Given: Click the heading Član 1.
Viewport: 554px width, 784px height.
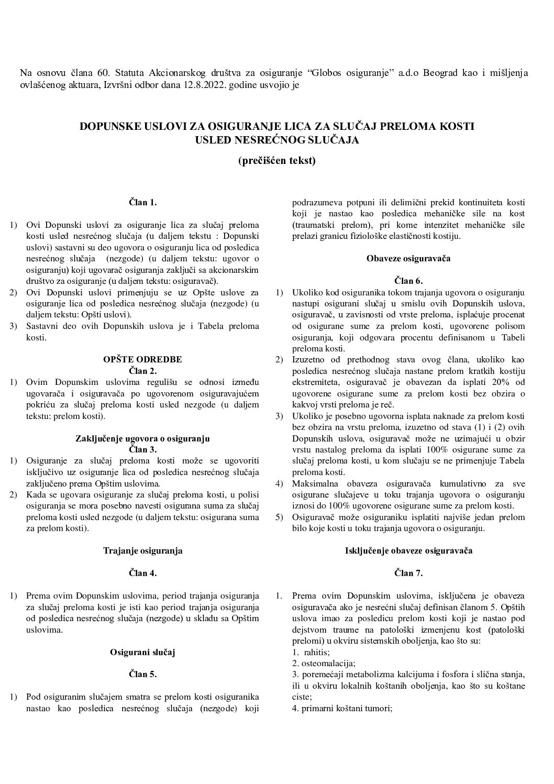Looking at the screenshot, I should click(x=143, y=202).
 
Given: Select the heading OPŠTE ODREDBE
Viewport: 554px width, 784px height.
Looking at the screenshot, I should click(x=143, y=359).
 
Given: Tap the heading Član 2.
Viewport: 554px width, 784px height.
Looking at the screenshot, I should click(x=143, y=370).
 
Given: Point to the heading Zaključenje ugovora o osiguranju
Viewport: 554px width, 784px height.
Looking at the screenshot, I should click(x=143, y=438).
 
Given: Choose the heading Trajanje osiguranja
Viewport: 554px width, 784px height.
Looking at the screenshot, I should click(x=143, y=550).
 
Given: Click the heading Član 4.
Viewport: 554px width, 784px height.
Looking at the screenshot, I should click(x=143, y=573).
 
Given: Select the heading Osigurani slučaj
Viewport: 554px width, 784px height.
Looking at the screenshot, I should click(x=143, y=652).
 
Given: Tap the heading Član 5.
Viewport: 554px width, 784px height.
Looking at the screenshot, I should click(x=143, y=674).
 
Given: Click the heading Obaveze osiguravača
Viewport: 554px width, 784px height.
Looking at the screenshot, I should click(x=408, y=258).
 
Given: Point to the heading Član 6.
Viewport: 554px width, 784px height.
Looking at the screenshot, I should click(x=408, y=281).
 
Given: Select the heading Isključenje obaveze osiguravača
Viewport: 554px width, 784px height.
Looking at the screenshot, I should click(x=408, y=550).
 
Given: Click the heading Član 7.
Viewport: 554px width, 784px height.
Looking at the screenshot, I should click(x=408, y=573).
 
